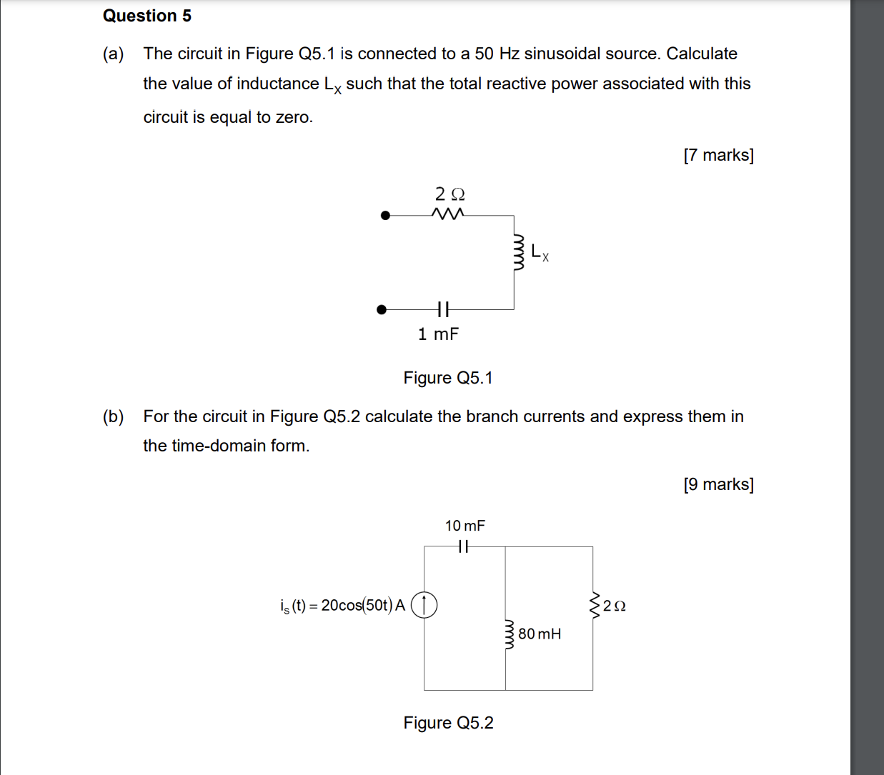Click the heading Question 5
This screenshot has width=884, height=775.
click(147, 16)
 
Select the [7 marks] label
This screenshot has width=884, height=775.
click(718, 155)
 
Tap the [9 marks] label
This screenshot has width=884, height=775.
click(718, 484)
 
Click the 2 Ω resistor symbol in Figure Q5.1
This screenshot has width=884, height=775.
click(448, 214)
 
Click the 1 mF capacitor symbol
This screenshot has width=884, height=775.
click(443, 309)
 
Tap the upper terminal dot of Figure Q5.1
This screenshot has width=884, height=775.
click(385, 215)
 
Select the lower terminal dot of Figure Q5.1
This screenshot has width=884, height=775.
click(382, 309)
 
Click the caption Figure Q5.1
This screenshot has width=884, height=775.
click(448, 378)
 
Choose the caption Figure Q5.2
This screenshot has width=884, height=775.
click(448, 723)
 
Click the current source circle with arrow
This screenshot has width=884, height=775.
click(424, 606)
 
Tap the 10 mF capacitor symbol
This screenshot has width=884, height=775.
click(463, 546)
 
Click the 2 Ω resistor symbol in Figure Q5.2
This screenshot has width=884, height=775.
click(593, 604)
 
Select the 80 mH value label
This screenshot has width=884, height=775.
click(540, 634)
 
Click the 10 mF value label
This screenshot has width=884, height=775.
click(465, 526)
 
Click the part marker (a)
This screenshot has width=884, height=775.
click(113, 54)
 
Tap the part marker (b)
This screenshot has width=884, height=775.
click(113, 416)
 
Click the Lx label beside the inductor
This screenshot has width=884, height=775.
click(540, 253)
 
